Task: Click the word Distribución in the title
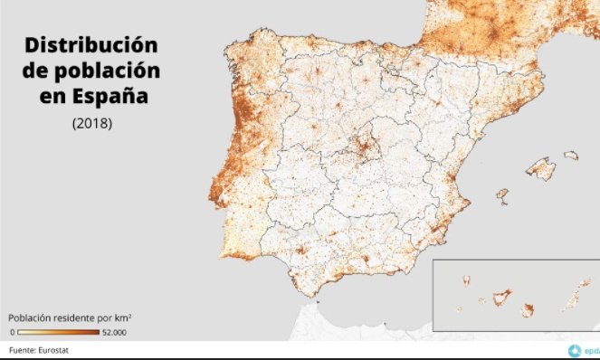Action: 91,45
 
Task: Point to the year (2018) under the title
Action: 91,123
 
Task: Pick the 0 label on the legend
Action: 11,333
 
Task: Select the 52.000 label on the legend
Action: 114,333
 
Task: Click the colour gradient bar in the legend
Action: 59,333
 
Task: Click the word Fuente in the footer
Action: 24,349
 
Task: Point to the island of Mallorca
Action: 541,168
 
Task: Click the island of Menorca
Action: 571,156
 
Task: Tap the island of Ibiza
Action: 500,194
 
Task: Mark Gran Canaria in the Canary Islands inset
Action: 527,309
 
